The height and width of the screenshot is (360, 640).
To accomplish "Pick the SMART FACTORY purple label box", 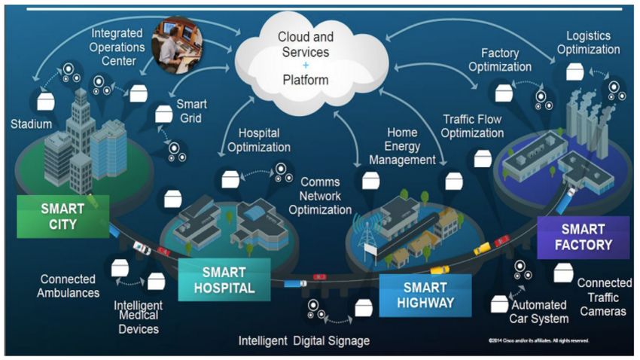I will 584,237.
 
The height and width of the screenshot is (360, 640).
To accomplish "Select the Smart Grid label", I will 193,111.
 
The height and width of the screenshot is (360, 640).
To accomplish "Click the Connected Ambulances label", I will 69,286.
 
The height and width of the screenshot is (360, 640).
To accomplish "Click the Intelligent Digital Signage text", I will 304,341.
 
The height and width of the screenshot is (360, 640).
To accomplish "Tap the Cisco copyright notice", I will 538,341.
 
